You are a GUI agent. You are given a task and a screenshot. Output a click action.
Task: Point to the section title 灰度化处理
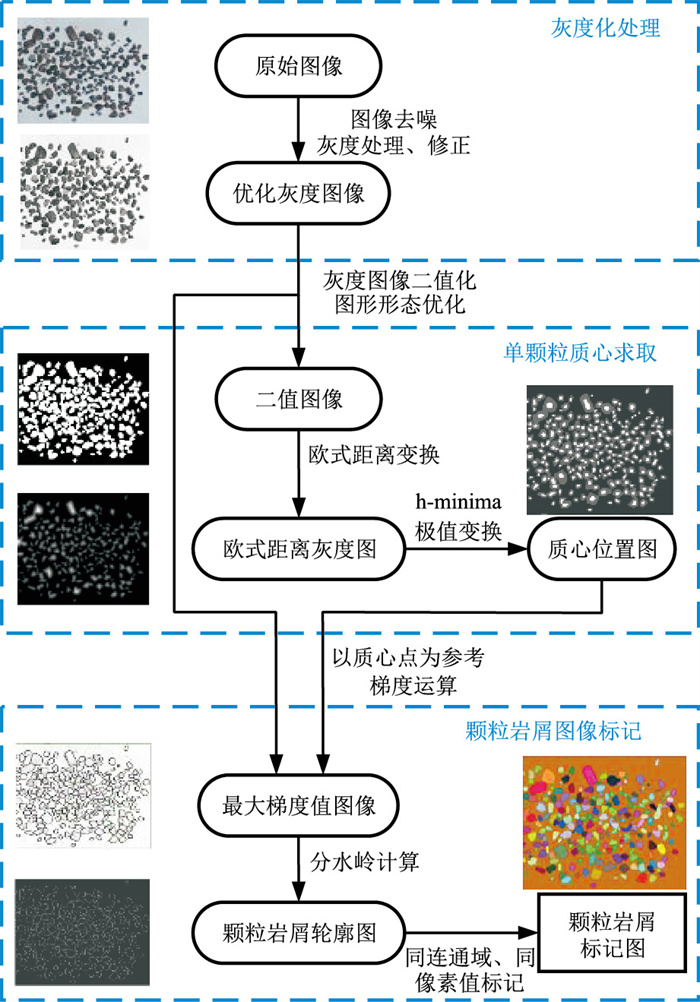[605, 27]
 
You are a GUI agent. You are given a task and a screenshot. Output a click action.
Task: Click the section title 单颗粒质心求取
[586, 353]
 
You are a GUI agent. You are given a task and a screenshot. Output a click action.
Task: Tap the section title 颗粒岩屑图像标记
[568, 732]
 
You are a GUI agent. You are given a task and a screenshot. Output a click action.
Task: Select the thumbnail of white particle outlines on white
[83, 796]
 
